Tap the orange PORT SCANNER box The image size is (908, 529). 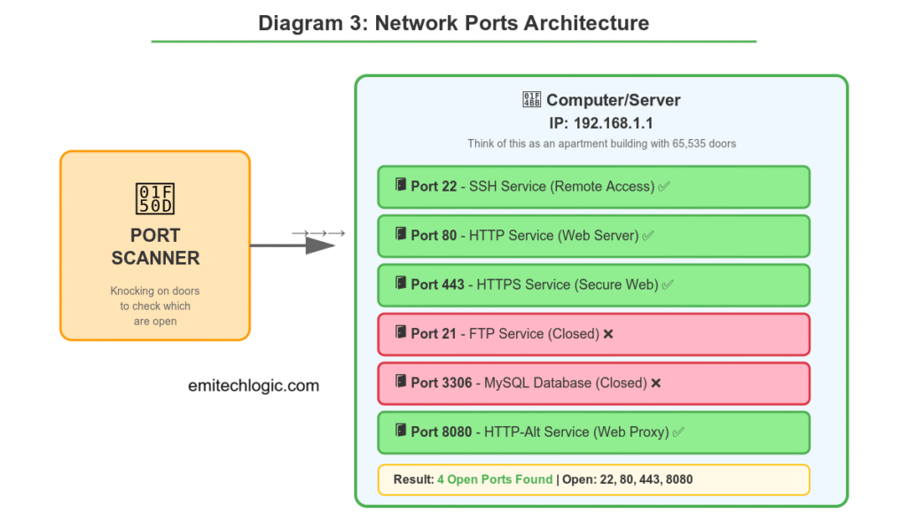(x=155, y=245)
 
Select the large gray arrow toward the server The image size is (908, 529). (x=293, y=245)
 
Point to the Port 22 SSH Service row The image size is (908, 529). (x=593, y=187)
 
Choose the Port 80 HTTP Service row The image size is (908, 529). (x=593, y=236)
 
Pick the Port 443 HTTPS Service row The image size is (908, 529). (x=593, y=285)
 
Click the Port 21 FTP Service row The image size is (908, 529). (x=593, y=334)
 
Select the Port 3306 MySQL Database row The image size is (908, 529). (x=593, y=383)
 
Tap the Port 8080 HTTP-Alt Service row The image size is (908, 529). (x=593, y=432)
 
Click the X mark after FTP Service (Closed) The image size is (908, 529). (x=608, y=334)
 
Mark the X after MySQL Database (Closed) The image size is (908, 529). (x=656, y=383)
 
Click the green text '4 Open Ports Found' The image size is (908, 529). (x=495, y=479)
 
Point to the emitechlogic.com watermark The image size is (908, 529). (x=254, y=385)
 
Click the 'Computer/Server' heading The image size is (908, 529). (x=612, y=100)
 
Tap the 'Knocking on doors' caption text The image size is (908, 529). (x=155, y=291)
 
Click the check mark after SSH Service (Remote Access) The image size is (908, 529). (x=664, y=187)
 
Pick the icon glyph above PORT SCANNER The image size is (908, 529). (x=155, y=198)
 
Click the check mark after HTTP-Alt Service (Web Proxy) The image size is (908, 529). (x=678, y=432)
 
